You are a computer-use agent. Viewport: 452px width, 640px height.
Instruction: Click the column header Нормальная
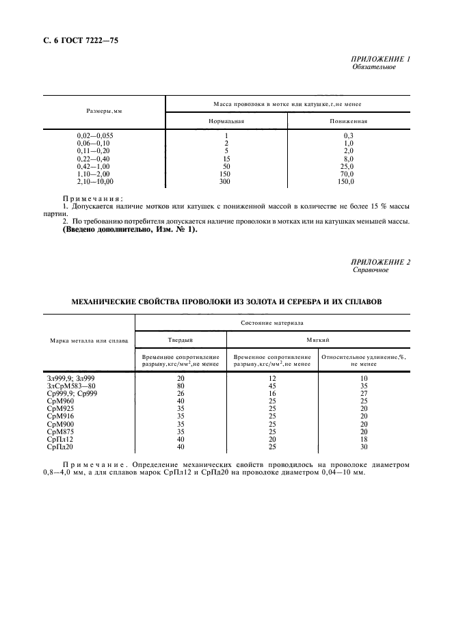click(226, 121)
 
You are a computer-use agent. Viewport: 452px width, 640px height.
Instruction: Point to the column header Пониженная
click(349, 121)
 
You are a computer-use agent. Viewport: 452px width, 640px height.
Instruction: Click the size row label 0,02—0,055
click(95, 135)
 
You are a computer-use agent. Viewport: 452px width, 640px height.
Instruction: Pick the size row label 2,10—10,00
click(95, 182)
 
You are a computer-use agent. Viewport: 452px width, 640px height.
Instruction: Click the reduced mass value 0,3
click(348, 135)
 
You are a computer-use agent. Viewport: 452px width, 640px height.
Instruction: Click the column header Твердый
click(181, 339)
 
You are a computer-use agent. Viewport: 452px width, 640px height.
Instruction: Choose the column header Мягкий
click(317, 339)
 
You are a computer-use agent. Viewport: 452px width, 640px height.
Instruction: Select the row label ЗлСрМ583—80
click(73, 385)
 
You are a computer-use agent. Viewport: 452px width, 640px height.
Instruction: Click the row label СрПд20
click(59, 446)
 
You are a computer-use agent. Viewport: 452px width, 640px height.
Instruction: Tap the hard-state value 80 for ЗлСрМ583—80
click(181, 385)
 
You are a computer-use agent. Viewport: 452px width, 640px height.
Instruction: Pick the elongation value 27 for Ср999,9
click(364, 393)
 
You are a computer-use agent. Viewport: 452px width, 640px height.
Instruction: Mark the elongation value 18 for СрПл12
click(364, 439)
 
